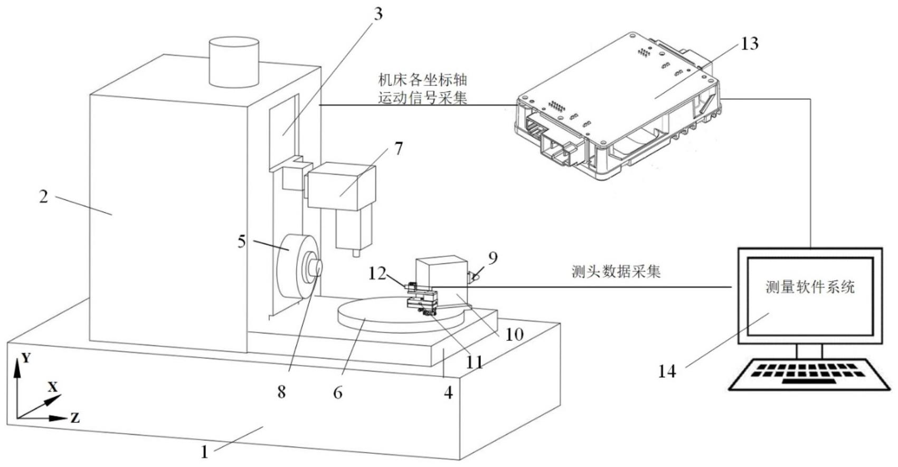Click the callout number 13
749,43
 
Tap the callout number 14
667,371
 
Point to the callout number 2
44,197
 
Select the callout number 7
399,148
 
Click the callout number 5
241,241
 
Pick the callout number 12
377,273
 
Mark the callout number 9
493,258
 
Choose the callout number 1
204,452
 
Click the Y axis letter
26,358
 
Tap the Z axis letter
75,418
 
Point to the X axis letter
52,387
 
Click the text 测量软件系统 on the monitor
809,287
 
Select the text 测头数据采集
616,272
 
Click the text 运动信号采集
422,98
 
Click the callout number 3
377,14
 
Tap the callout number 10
514,333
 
